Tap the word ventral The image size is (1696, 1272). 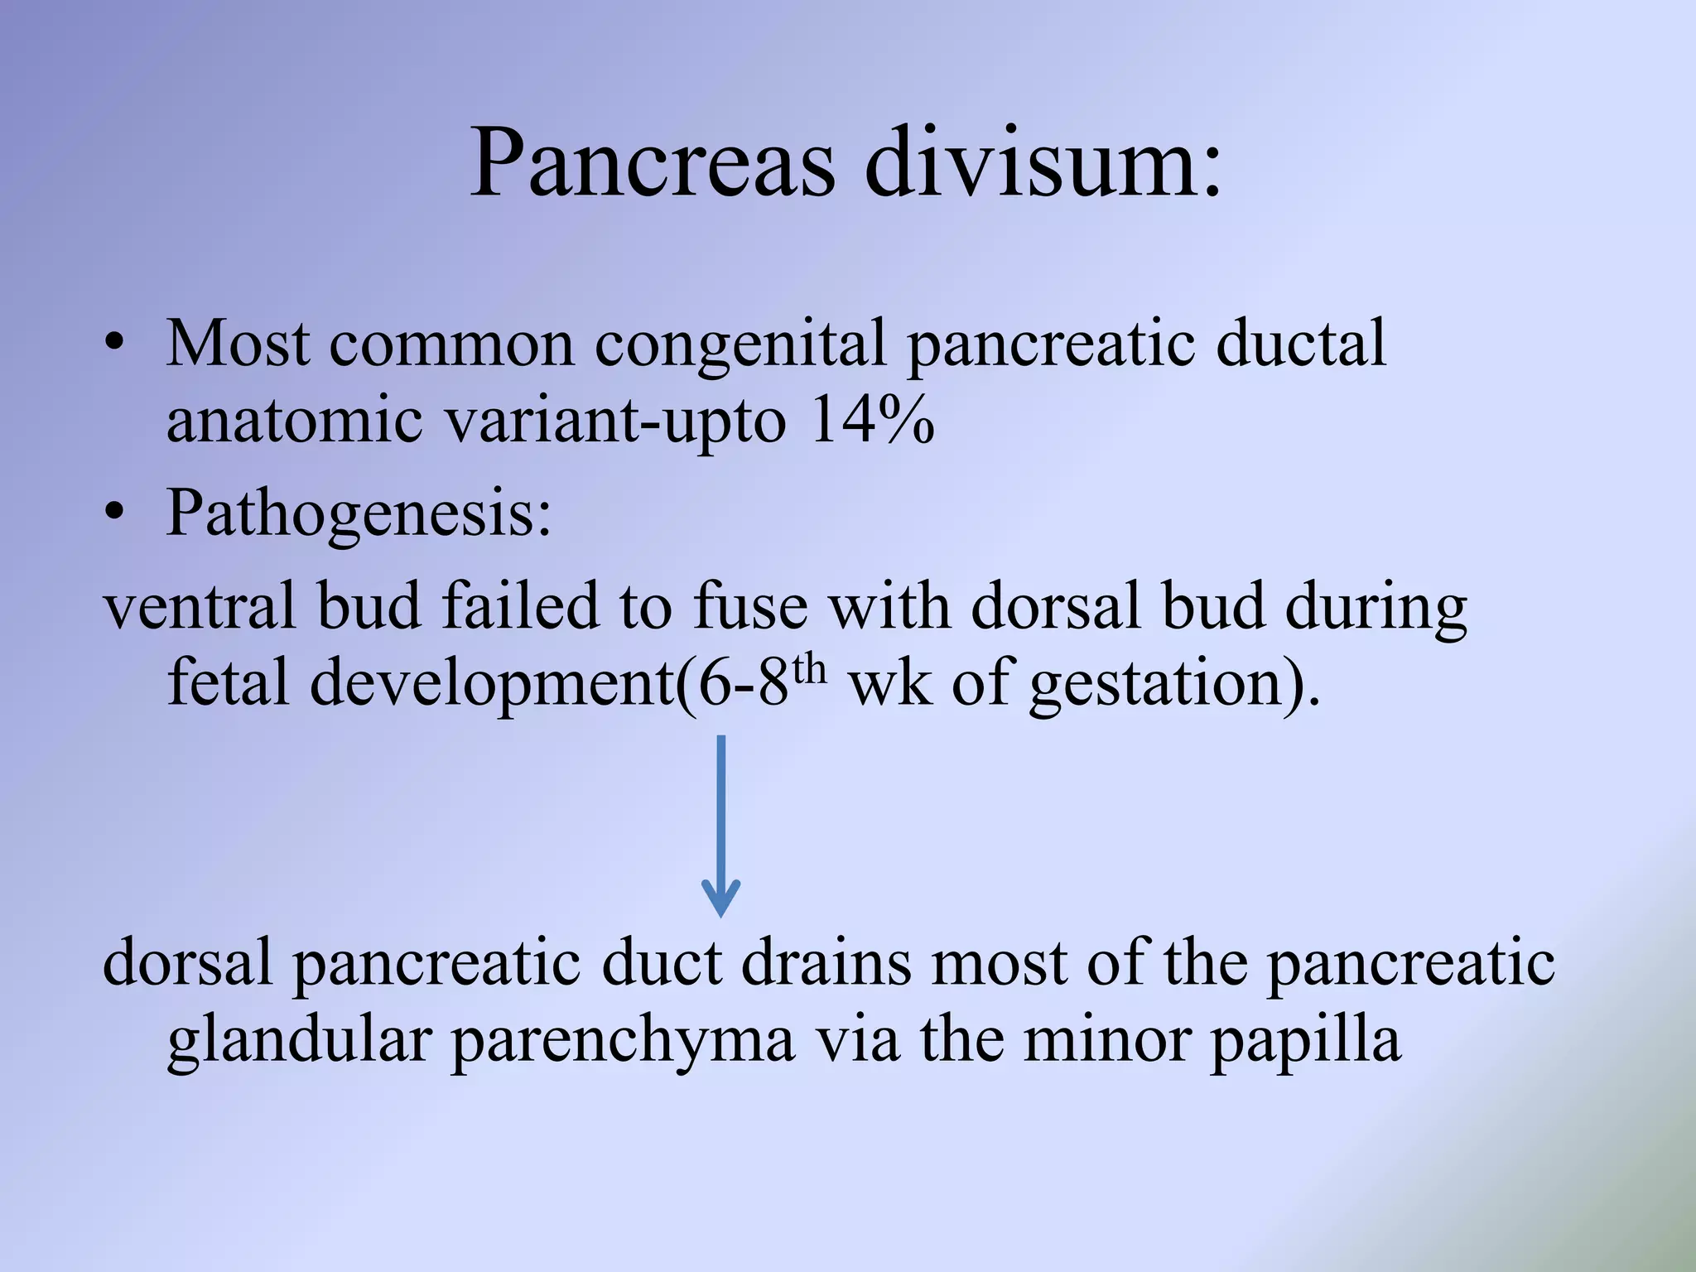point(199,606)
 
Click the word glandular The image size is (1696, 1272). point(298,1041)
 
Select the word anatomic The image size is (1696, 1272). point(295,421)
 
